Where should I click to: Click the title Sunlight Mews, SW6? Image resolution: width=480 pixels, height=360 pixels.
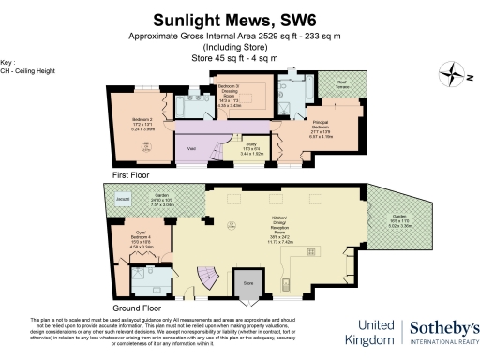tap(239, 17)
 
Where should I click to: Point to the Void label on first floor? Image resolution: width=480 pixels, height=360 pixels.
tap(190, 149)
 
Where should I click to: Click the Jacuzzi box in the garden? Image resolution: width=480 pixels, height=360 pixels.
tap(121, 200)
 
